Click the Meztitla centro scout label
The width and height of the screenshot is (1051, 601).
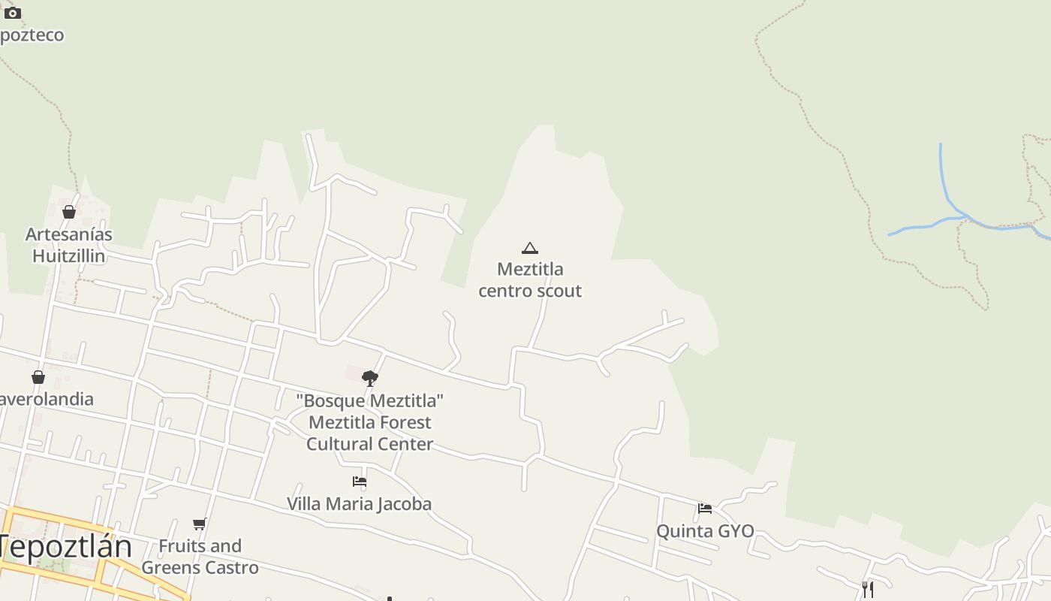tap(530, 279)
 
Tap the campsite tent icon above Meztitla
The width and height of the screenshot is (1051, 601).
tap(530, 248)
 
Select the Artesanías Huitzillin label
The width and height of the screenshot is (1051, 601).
tap(69, 245)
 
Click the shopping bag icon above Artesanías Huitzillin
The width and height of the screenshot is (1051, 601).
tap(69, 213)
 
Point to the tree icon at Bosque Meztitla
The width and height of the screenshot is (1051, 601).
tap(369, 378)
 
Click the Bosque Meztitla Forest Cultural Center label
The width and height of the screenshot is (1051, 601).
tap(370, 422)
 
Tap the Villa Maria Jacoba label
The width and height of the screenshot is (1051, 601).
tap(359, 503)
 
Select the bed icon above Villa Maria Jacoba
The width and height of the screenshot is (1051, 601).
tap(360, 482)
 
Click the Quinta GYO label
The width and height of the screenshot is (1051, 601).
tap(705, 531)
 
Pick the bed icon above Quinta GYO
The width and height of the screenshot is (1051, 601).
tap(705, 509)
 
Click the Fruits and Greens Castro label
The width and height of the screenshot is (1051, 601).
tap(200, 557)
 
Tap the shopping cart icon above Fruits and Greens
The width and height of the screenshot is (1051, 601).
tap(199, 524)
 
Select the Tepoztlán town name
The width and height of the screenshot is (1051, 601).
tap(66, 546)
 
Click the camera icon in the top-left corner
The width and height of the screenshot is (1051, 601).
tap(13, 13)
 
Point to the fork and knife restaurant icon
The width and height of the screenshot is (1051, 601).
tap(868, 590)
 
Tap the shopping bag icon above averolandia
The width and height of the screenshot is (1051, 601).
tap(38, 377)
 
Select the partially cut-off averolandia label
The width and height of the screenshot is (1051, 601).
tap(47, 399)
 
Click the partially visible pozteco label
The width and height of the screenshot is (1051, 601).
tap(32, 35)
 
